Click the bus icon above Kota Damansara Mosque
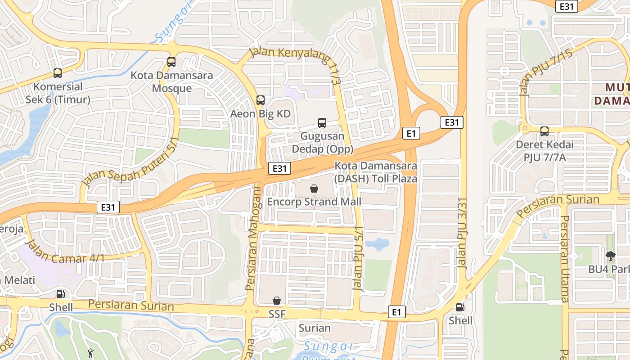(171, 62)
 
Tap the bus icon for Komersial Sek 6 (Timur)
(58, 73)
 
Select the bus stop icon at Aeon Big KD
(261, 100)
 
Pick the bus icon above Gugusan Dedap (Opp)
(322, 122)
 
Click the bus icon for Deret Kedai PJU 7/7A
(544, 131)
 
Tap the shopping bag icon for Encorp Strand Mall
(314, 189)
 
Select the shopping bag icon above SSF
(277, 301)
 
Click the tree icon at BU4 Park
(610, 256)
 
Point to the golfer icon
(90, 353)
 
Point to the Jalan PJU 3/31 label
(463, 233)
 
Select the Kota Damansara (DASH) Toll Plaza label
(376, 172)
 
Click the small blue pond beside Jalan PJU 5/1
(377, 244)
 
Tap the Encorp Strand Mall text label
(314, 202)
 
